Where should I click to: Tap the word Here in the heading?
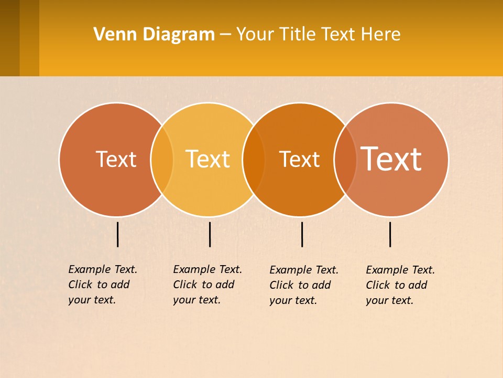[381, 35]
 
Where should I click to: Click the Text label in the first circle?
[116, 159]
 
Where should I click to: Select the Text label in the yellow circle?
[207, 159]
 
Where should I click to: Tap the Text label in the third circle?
[299, 160]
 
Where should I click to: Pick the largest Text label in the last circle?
[391, 159]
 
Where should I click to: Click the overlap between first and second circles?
[162, 160]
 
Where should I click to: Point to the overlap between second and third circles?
[254, 160]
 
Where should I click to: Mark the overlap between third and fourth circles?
[345, 160]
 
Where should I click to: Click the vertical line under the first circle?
[118, 234]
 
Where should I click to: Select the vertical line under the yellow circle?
[210, 234]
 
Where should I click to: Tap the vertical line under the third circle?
[302, 234]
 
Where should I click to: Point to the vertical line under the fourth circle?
[390, 234]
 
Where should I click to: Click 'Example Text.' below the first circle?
[103, 269]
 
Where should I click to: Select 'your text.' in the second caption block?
[196, 300]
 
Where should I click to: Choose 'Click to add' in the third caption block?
[300, 285]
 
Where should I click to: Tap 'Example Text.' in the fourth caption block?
[400, 270]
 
